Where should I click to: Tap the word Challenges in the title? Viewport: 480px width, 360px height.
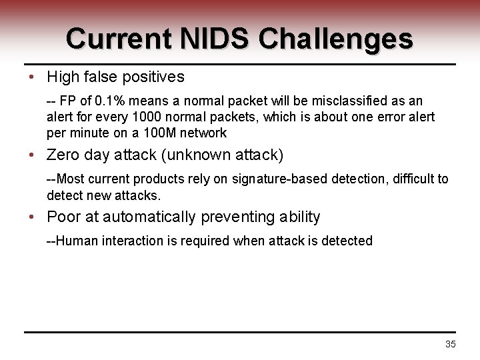[x=335, y=39]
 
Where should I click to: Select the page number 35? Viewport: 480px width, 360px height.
[x=450, y=344]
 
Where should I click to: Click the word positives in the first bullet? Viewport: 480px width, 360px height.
[x=153, y=77]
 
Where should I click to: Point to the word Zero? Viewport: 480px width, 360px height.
[x=62, y=155]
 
